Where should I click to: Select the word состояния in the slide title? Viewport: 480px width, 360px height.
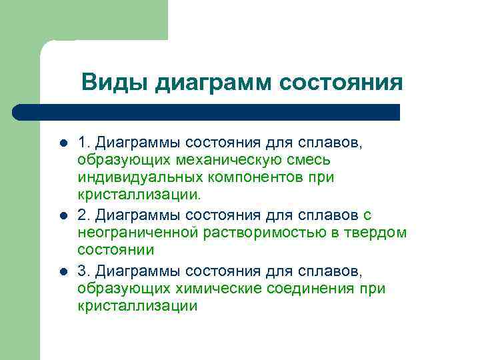[341, 83]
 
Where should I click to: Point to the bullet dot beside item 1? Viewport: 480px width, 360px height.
[63, 143]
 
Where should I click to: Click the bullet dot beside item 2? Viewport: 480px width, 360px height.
[63, 215]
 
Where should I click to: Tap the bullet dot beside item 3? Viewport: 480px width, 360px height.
[63, 271]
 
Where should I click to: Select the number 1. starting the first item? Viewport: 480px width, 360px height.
[83, 142]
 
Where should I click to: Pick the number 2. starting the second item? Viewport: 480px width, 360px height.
[83, 215]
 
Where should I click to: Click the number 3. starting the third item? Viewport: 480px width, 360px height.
[83, 271]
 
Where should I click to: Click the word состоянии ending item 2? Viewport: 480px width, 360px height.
[115, 251]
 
